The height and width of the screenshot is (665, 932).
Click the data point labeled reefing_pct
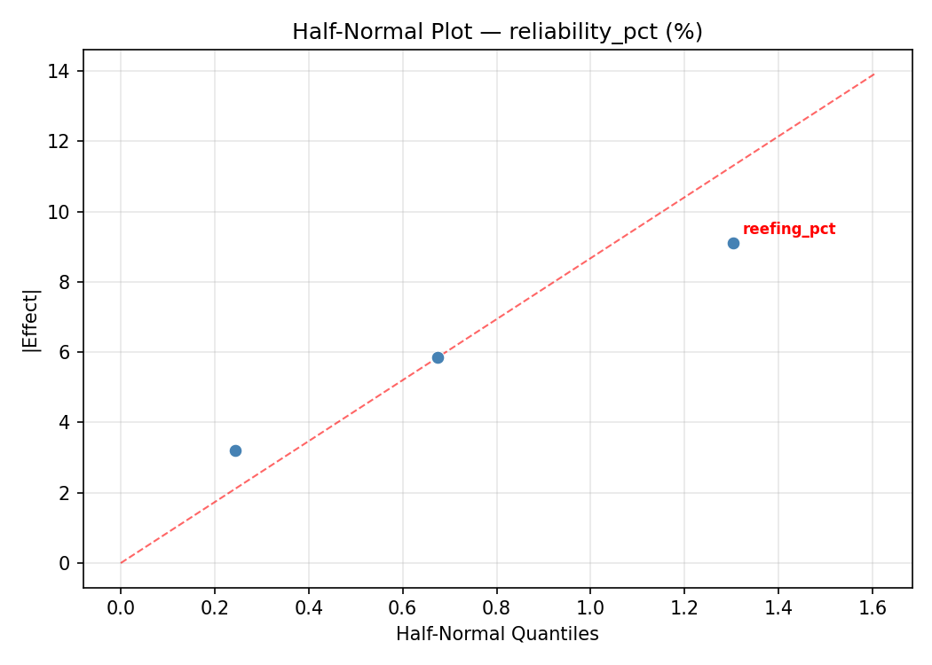tap(733, 243)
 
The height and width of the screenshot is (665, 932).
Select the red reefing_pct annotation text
tap(789, 229)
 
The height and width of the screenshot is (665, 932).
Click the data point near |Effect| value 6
tap(438, 357)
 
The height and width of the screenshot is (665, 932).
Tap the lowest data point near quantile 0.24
tap(235, 450)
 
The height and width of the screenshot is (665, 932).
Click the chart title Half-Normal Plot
tap(497, 32)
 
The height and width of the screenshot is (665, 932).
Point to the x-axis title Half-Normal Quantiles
tap(497, 634)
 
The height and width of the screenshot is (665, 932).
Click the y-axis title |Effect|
tap(32, 319)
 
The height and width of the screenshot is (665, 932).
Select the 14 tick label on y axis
tap(61, 71)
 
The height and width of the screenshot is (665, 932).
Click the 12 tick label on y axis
tap(61, 141)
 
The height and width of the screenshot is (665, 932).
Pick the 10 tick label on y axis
tap(61, 212)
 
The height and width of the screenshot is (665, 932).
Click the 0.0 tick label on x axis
tap(121, 608)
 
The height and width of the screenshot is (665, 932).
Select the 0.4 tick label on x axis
tap(309, 608)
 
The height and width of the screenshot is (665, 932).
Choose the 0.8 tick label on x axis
tap(496, 608)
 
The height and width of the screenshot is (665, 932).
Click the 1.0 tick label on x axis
tap(590, 608)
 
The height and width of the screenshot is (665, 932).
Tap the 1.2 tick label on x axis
tap(684, 608)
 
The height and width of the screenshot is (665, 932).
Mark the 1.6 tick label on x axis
tap(873, 608)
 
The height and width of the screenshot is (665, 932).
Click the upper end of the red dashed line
tap(873, 74)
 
